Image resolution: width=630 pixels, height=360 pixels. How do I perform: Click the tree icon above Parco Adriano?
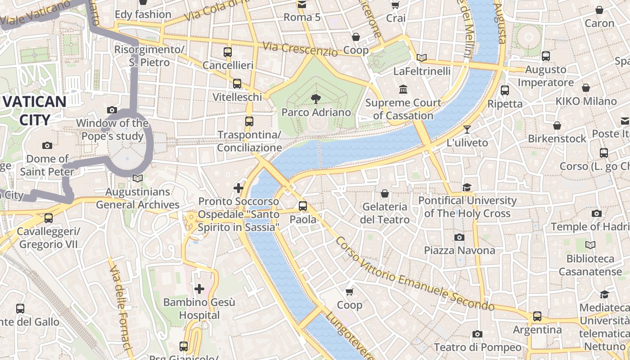(316, 98)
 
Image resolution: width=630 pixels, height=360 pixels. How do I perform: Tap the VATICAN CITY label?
(34, 111)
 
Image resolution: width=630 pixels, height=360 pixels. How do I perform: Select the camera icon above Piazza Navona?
(459, 237)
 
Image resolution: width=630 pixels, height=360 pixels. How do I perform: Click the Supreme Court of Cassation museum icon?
(403, 90)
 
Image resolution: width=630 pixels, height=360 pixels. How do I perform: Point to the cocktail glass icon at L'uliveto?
(467, 129)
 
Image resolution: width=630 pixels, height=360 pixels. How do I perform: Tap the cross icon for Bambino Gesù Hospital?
(199, 288)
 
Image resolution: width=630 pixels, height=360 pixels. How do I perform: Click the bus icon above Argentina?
(537, 316)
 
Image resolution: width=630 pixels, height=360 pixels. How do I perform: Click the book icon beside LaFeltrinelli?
(422, 58)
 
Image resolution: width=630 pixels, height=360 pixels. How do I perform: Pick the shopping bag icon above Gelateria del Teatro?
(385, 193)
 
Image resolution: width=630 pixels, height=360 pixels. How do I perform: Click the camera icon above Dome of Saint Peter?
(47, 145)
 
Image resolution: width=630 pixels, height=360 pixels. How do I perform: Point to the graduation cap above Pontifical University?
(467, 187)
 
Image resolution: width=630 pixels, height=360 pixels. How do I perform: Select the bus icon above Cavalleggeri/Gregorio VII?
(48, 218)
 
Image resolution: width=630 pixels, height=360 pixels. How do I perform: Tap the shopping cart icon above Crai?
(396, 5)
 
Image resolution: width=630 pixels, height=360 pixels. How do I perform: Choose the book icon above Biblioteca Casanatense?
(590, 245)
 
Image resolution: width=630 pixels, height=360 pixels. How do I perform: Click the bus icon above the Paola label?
(303, 206)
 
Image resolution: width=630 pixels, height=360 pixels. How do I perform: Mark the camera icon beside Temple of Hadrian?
(596, 213)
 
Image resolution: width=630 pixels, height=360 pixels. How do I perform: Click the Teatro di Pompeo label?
(477, 347)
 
